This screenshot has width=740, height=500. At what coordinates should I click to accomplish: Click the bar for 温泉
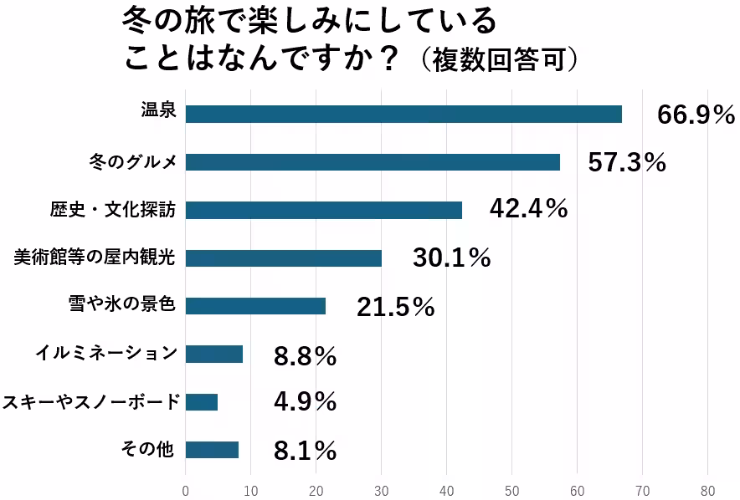[403, 115]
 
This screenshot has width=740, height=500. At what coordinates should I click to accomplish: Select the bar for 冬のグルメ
[373, 162]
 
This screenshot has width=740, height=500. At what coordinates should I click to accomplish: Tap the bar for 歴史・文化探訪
[323, 211]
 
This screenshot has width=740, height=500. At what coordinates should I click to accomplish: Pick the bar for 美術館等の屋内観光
[283, 258]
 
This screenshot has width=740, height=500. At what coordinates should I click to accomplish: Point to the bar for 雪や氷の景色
[255, 306]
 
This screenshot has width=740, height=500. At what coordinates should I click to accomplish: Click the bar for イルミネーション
[213, 355]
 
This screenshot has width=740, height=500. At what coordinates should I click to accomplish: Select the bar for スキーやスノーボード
[201, 402]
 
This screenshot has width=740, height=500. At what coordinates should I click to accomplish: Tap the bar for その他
[212, 450]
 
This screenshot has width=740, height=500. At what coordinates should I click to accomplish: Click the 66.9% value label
[696, 115]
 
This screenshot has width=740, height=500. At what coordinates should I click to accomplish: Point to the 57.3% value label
[627, 163]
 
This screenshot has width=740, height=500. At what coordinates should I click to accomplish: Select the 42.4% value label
[528, 209]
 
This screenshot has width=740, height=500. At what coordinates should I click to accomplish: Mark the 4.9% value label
[305, 402]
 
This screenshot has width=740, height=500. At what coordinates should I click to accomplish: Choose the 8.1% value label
[305, 452]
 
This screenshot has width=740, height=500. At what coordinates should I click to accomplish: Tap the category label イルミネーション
[106, 352]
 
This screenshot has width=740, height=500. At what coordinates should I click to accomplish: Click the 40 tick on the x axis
[447, 490]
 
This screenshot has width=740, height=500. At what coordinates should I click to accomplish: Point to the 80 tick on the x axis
[708, 490]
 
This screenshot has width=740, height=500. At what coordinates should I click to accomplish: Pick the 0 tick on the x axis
[186, 490]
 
